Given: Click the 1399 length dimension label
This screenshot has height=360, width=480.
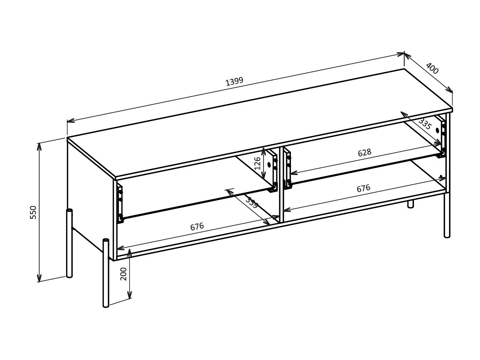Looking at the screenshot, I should [x=234, y=81].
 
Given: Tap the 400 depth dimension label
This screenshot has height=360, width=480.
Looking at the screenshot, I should [x=432, y=69].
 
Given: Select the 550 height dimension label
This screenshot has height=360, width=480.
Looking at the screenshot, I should [x=33, y=212].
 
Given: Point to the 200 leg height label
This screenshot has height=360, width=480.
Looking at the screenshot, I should [x=123, y=273].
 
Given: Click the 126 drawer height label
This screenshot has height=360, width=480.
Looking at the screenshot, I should [x=258, y=163].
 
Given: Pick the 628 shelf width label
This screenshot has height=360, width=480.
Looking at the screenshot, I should [x=364, y=153].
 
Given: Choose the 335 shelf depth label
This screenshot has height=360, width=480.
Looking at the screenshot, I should [x=425, y=124].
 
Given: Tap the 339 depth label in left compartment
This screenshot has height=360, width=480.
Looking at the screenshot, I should [x=251, y=203].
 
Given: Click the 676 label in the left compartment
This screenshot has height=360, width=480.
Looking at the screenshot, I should [x=197, y=227].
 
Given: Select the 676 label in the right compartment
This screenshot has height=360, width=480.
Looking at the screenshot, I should [x=363, y=188].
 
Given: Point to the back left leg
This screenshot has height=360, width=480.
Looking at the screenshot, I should [x=69, y=243].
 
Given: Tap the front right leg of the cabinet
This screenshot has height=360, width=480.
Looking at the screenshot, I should [x=447, y=215].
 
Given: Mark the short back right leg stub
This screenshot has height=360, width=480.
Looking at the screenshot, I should [x=411, y=204].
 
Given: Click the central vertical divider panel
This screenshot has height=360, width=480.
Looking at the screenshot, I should [x=281, y=184].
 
